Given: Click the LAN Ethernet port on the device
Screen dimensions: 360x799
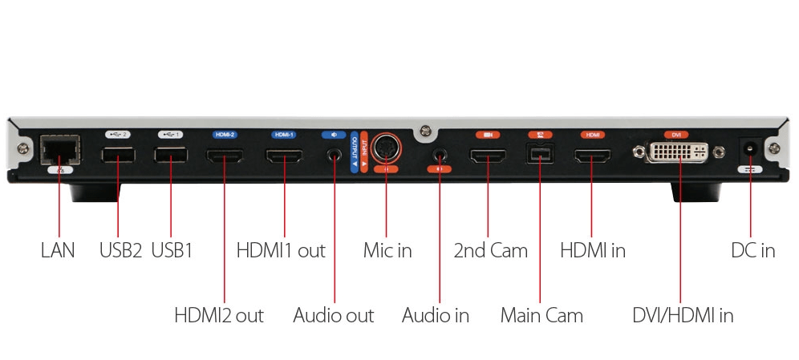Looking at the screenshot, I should click(x=59, y=152).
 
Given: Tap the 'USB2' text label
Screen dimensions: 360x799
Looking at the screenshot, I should click(x=120, y=250).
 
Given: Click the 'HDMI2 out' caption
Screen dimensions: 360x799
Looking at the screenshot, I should click(x=218, y=315).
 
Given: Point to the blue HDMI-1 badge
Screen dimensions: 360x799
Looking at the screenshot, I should click(x=283, y=135).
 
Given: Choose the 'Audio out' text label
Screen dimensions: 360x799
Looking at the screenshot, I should click(x=333, y=315).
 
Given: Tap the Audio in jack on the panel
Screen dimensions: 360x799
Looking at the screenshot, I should click(x=439, y=152).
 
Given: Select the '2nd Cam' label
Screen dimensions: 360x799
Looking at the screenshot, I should click(x=490, y=250).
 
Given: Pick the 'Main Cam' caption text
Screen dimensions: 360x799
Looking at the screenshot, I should click(x=541, y=315).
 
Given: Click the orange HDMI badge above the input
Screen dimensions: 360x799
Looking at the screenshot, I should click(x=593, y=135).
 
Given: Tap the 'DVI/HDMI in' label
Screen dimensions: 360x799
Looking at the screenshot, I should click(x=682, y=315).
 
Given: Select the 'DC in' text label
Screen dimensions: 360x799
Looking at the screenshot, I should click(x=752, y=250).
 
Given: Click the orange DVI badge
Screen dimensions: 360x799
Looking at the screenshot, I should click(x=674, y=135).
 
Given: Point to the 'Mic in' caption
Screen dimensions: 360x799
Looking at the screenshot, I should click(x=387, y=250).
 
